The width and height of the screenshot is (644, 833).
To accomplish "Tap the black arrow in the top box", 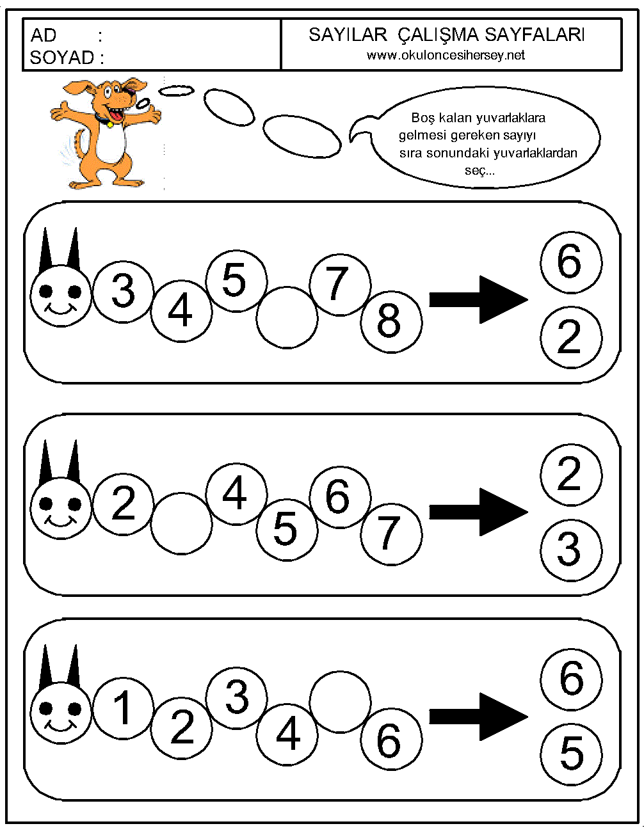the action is pos(478,299).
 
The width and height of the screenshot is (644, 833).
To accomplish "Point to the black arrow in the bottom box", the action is pos(478,717).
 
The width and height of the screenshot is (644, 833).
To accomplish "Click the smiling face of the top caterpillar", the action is pos(61,296).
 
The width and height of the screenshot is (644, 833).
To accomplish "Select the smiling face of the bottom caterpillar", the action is pos(61,713).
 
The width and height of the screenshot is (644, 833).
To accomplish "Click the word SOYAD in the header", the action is pos(61,58).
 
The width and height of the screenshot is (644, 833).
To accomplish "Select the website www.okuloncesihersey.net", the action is pos(446,55).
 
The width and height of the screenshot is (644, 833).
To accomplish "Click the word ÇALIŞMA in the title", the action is pos(438,35).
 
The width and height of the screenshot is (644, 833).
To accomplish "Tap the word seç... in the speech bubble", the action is pos(479,171).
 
